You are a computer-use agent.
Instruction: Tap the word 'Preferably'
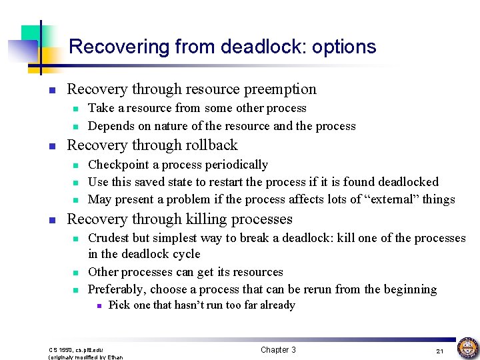tap(117, 289)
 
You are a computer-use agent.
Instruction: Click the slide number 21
tap(440, 351)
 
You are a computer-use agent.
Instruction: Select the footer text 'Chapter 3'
tap(278, 350)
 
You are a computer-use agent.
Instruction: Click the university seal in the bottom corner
tap(467, 348)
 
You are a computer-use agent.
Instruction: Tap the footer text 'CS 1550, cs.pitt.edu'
tap(76, 349)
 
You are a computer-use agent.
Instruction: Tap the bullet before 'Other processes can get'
tap(76, 273)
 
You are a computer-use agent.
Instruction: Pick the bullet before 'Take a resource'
tap(76, 109)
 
